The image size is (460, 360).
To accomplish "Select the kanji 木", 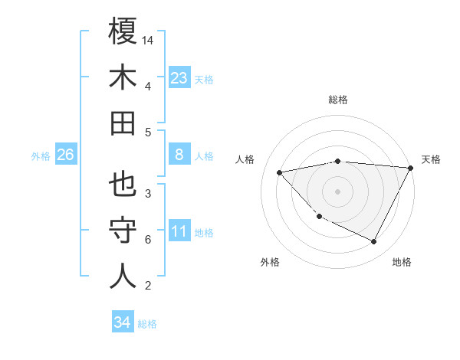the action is click(x=123, y=77).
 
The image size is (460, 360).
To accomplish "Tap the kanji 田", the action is click(x=123, y=123).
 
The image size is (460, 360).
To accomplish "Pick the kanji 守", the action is click(x=123, y=231).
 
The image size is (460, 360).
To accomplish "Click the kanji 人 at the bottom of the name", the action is click(x=123, y=276).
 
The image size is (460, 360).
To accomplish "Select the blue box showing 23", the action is click(x=179, y=78).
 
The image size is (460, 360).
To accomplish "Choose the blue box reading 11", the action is click(x=179, y=231).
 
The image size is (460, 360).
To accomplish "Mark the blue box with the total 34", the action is click(x=122, y=322).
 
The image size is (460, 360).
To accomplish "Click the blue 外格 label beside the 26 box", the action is click(x=41, y=156).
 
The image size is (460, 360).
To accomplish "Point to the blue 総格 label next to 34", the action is click(x=147, y=324).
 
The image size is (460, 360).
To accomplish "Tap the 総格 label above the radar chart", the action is click(x=338, y=100).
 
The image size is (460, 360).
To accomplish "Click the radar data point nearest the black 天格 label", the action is click(x=411, y=168).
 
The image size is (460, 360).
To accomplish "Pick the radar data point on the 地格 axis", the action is click(x=374, y=242).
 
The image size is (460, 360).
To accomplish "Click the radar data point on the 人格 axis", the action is click(x=280, y=172).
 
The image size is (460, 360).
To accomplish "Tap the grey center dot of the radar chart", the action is click(x=338, y=191).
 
